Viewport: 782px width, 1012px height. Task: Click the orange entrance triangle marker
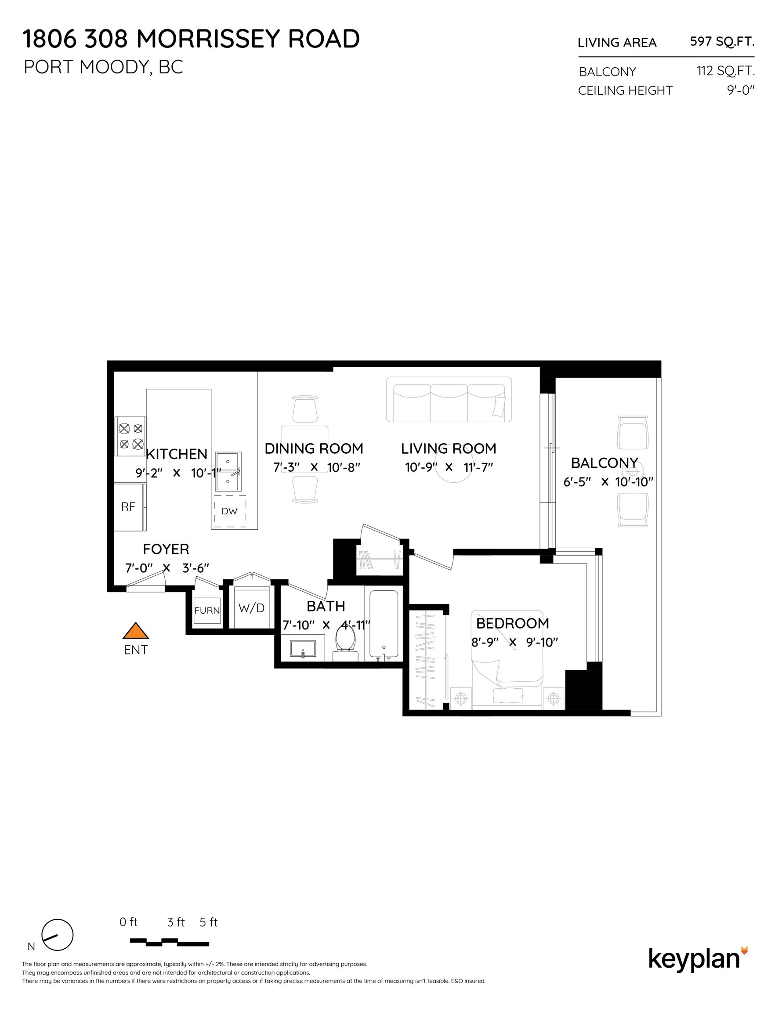tap(135, 631)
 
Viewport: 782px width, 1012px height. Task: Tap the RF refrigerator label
tap(128, 507)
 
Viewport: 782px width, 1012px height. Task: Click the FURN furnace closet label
tap(207, 610)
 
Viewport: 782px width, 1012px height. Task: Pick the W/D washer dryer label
tap(251, 608)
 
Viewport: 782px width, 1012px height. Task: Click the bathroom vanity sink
tap(303, 648)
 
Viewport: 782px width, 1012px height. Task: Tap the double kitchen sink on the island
tap(228, 471)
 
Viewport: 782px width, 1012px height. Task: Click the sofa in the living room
tap(449, 399)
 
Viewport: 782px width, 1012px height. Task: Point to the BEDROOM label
tap(512, 623)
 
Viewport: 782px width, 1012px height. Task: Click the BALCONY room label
tap(604, 463)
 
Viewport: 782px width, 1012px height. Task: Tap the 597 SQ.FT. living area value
tap(722, 42)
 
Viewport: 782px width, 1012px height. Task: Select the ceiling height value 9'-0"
tap(740, 90)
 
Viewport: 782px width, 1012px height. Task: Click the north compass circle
tap(58, 935)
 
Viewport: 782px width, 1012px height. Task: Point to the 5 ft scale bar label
tap(209, 922)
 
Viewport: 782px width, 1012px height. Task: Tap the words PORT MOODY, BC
tap(103, 67)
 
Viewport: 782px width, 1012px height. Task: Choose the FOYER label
tap(166, 549)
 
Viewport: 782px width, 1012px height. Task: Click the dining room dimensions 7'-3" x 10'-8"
tap(317, 467)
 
